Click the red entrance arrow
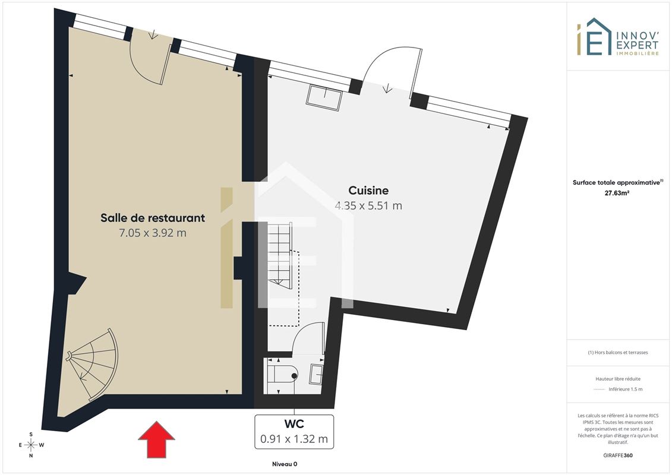pos(156,439)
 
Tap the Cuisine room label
pos(368,191)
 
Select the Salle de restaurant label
pos(153,218)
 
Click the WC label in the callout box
pos(294,424)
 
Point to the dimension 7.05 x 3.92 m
pos(153,233)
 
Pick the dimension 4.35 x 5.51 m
pos(368,206)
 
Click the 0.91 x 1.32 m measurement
pos(294,439)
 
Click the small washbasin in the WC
pos(316,374)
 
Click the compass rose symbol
pos(31,445)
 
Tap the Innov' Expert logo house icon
pos(594,37)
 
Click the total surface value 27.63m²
pos(617,193)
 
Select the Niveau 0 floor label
pos(285,464)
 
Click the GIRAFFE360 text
pos(617,455)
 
